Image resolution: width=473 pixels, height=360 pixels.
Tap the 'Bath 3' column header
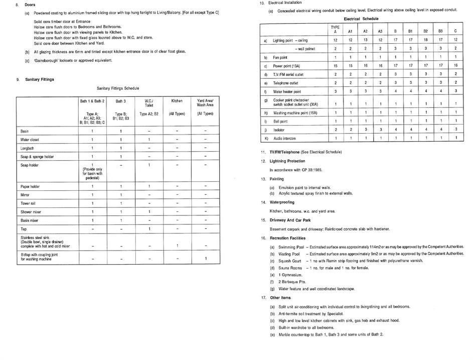[120, 101]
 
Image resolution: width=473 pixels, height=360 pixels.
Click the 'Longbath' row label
[27, 148]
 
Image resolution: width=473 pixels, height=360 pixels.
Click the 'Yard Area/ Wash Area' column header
[205, 103]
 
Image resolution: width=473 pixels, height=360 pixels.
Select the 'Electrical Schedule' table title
[361, 19]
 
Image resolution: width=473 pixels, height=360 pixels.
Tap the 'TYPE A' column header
[335, 29]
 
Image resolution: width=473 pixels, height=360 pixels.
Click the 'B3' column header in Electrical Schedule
[440, 31]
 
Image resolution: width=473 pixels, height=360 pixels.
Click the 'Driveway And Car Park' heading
[290, 220]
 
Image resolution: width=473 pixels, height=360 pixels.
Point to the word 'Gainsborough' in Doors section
[49, 60]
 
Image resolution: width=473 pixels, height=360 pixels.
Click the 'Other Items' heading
[280, 297]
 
